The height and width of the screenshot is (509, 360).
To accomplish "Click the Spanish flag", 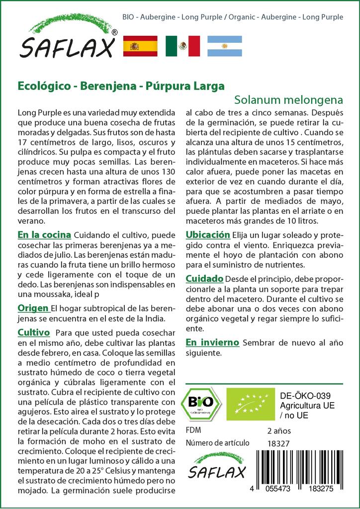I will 140,46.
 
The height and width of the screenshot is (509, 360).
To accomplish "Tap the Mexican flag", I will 182,46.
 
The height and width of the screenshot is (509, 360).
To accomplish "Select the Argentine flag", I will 224,46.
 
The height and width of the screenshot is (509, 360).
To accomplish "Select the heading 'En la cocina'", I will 44,235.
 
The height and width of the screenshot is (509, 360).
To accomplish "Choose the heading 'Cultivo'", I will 33,332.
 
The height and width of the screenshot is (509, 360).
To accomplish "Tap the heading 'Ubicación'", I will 207,235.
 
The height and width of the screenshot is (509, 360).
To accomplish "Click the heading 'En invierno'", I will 212,342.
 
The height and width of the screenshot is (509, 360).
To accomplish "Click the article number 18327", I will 278,443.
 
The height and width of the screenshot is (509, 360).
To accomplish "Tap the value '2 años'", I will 279,430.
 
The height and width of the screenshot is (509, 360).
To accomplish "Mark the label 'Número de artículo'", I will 216,443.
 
